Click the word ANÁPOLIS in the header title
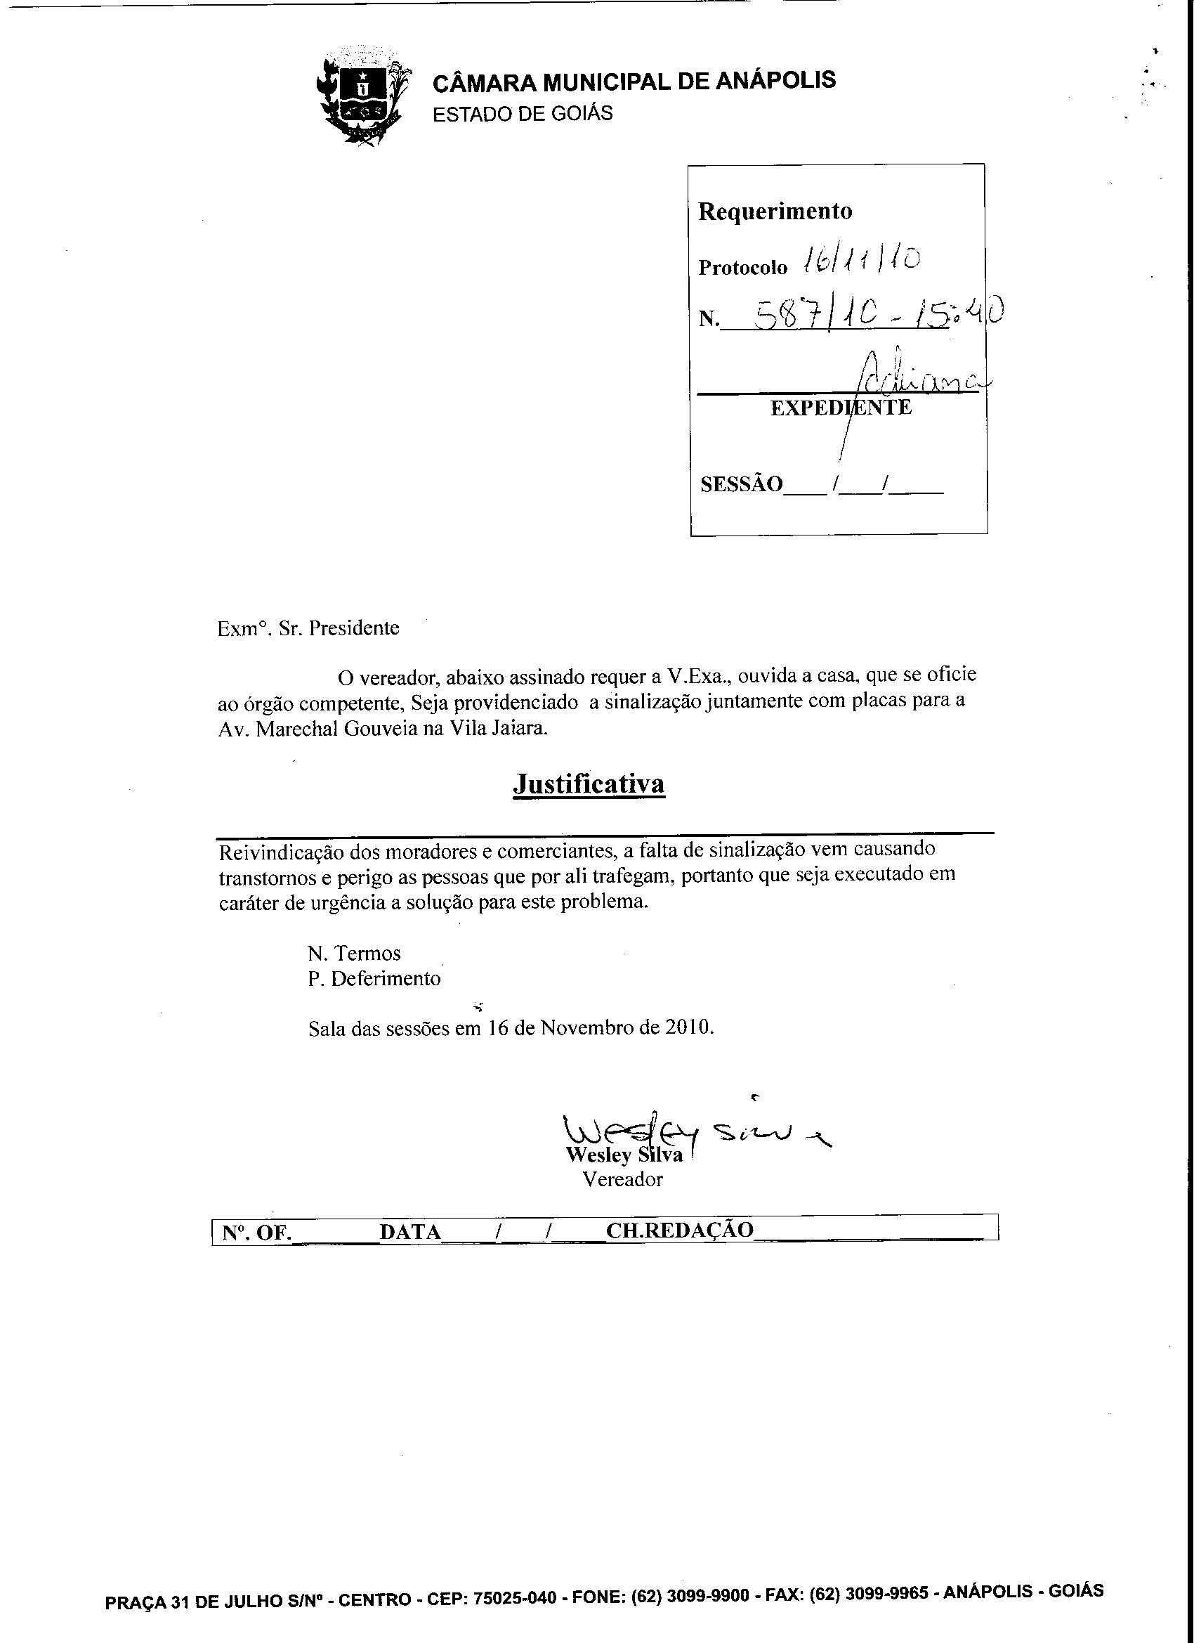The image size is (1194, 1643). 775,80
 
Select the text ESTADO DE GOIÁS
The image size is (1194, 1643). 522,114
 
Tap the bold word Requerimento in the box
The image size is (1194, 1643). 775,212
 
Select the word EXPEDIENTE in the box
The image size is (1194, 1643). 841,408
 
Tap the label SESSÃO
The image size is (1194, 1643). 742,484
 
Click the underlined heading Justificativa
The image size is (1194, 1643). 588,784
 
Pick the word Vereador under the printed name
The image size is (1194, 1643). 623,1180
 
